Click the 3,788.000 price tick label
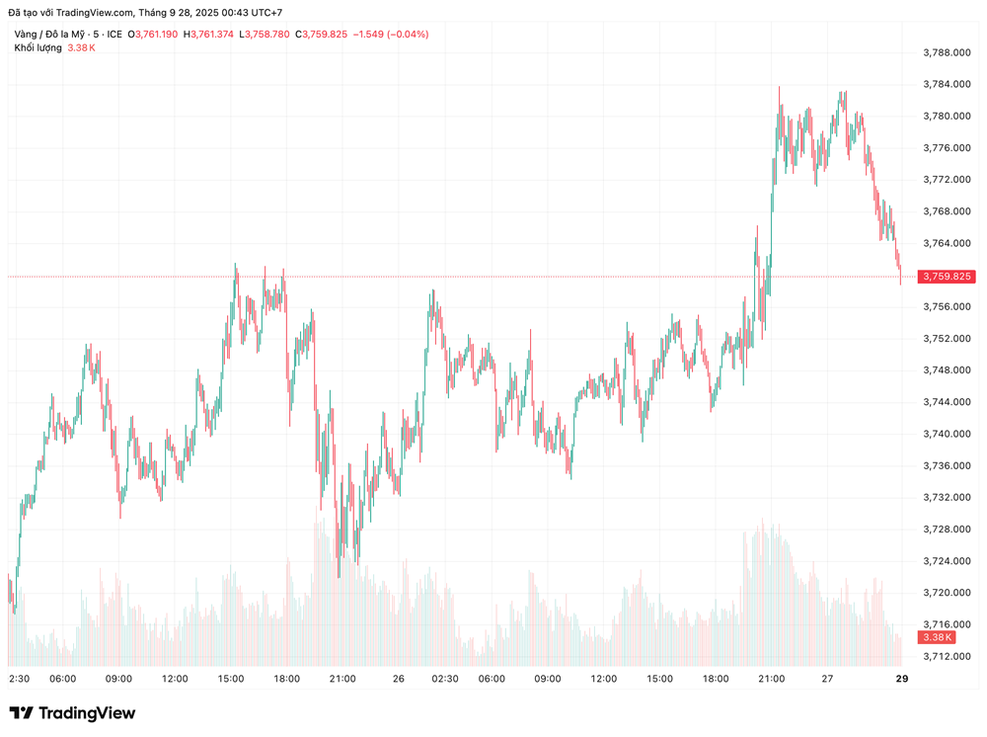pos(944,52)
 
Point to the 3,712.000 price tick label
pos(944,656)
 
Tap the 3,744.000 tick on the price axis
pos(944,402)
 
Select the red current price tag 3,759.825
pos(946,277)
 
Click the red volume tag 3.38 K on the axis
pos(938,637)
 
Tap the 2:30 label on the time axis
pos(19,679)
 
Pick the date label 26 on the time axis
pos(399,679)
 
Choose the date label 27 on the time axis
pos(827,679)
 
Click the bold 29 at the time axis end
pos(901,679)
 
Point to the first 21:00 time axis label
pos(342,679)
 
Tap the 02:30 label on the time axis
pos(445,679)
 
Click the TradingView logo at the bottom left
pos(72,713)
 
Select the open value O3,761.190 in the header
pos(153,35)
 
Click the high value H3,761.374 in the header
pos(209,35)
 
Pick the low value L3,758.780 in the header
pos(265,35)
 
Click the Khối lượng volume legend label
pos(38,47)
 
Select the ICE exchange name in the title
pos(114,35)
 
